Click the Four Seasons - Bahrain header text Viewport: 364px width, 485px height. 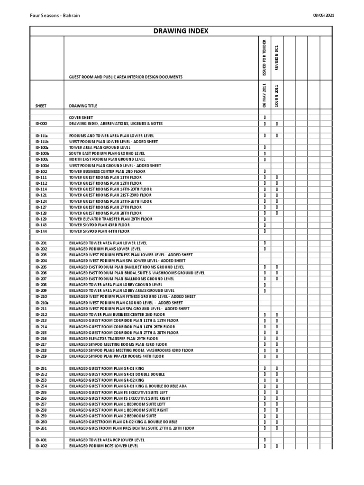55,15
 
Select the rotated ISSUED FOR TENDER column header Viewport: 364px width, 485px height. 264,57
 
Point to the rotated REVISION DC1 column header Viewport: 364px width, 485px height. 277,57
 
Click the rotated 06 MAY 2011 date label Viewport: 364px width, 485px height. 264,95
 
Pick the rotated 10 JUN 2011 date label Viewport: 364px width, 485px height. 277,95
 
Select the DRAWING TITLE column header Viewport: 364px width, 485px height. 83,106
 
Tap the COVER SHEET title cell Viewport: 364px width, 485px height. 81,117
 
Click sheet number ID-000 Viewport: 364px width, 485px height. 41,124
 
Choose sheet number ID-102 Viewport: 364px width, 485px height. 41,171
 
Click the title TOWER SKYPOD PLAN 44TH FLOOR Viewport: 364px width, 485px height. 99,231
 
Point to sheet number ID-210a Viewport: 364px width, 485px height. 42,303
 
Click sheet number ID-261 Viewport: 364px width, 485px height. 41,428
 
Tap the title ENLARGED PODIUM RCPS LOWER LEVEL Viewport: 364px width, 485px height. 104,446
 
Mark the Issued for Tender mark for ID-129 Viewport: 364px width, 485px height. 264,219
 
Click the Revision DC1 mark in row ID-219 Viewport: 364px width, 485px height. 277,356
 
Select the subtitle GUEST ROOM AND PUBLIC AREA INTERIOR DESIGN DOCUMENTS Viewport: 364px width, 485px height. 126,77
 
